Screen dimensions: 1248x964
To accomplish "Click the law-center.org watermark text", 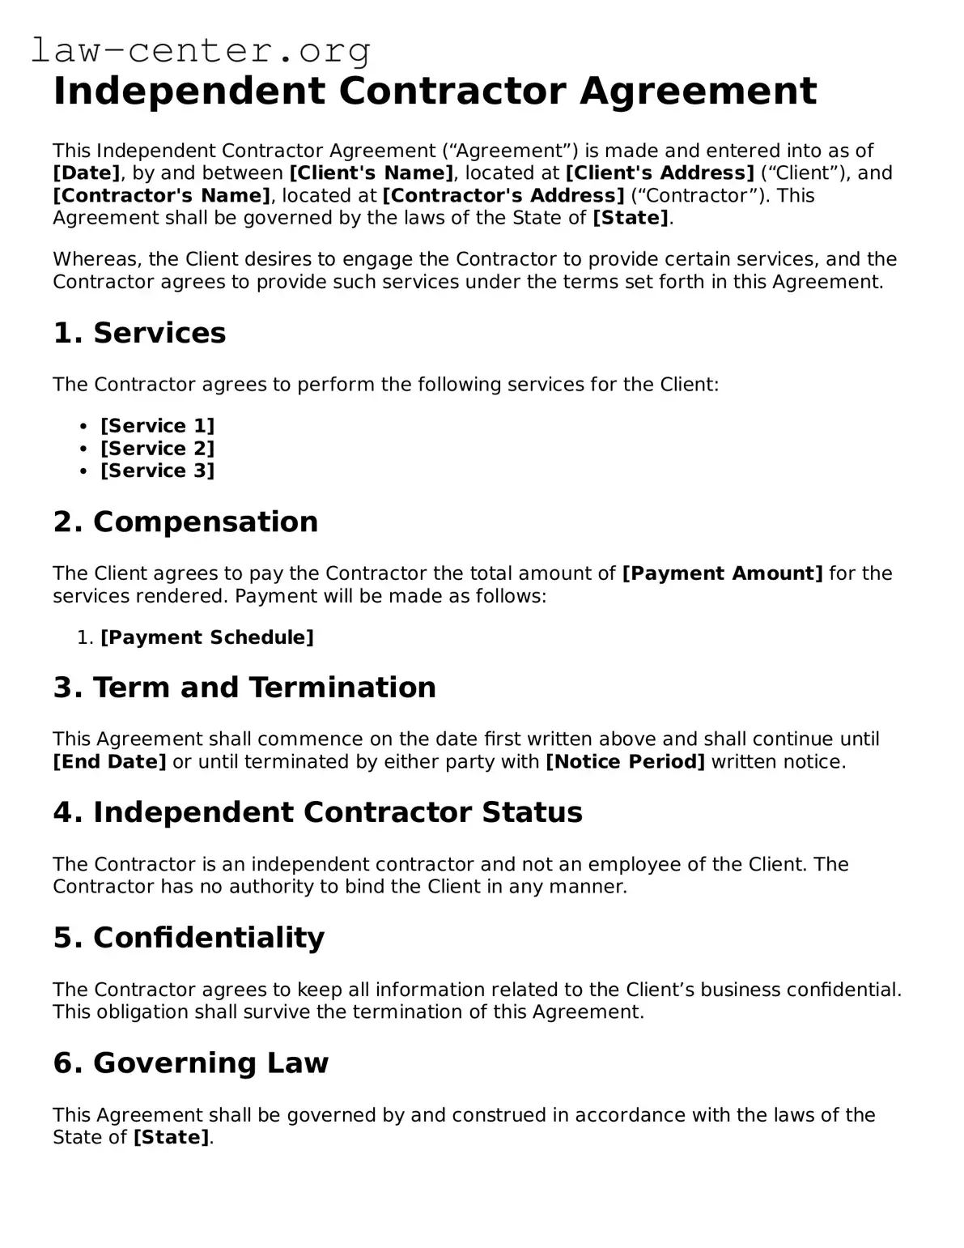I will tap(201, 51).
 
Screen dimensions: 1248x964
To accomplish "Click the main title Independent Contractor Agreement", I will tap(435, 91).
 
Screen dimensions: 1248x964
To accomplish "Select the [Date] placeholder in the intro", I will tap(87, 173).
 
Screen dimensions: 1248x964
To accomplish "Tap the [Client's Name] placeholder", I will tap(372, 173).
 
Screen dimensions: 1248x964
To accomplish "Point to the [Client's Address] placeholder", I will tap(660, 173).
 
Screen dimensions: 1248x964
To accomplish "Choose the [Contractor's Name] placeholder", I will tap(162, 196).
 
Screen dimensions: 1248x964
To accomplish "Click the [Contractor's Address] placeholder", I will tap(503, 196).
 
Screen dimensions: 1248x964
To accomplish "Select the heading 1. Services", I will tap(139, 333).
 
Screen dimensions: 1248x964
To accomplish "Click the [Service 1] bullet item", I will tap(158, 426).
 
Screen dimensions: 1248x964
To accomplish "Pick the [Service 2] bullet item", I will tap(158, 449).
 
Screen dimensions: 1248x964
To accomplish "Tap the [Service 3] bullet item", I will tap(158, 471).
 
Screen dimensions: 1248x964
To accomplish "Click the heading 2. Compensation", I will tap(185, 522).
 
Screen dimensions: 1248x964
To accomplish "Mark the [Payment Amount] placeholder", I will tap(722, 573).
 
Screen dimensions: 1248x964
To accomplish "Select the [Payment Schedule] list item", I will tap(207, 637).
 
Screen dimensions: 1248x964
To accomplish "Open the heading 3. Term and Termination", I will tap(244, 688).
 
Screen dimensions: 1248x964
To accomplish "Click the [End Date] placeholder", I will tap(109, 762).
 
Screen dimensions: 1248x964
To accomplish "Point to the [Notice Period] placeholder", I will tap(626, 762).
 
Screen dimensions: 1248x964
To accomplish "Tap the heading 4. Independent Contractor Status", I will tap(317, 812).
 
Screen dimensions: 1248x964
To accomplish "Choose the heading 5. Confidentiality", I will tap(189, 938).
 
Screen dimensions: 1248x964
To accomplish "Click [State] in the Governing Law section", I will tap(171, 1138).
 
